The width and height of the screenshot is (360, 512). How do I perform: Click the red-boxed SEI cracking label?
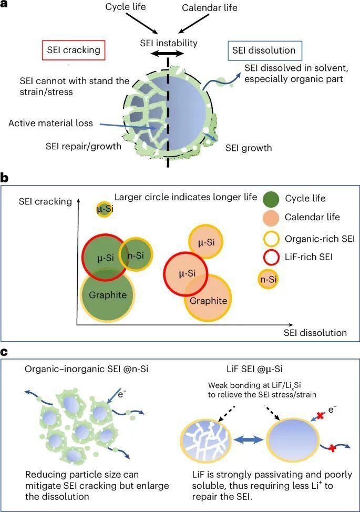click(71, 51)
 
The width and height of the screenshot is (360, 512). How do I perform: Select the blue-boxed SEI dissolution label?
click(264, 51)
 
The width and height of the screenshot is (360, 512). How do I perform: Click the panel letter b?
click(5, 178)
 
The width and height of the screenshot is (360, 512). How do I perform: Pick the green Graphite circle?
click(107, 295)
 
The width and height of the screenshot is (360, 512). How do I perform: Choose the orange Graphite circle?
click(208, 300)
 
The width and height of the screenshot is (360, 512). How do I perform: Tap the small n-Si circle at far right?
click(269, 279)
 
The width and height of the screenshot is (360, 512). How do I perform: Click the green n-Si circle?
click(136, 254)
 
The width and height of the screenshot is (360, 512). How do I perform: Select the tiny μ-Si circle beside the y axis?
click(105, 209)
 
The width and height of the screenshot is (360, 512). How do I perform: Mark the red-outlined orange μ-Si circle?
click(188, 273)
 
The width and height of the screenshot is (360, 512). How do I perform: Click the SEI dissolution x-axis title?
click(315, 332)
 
